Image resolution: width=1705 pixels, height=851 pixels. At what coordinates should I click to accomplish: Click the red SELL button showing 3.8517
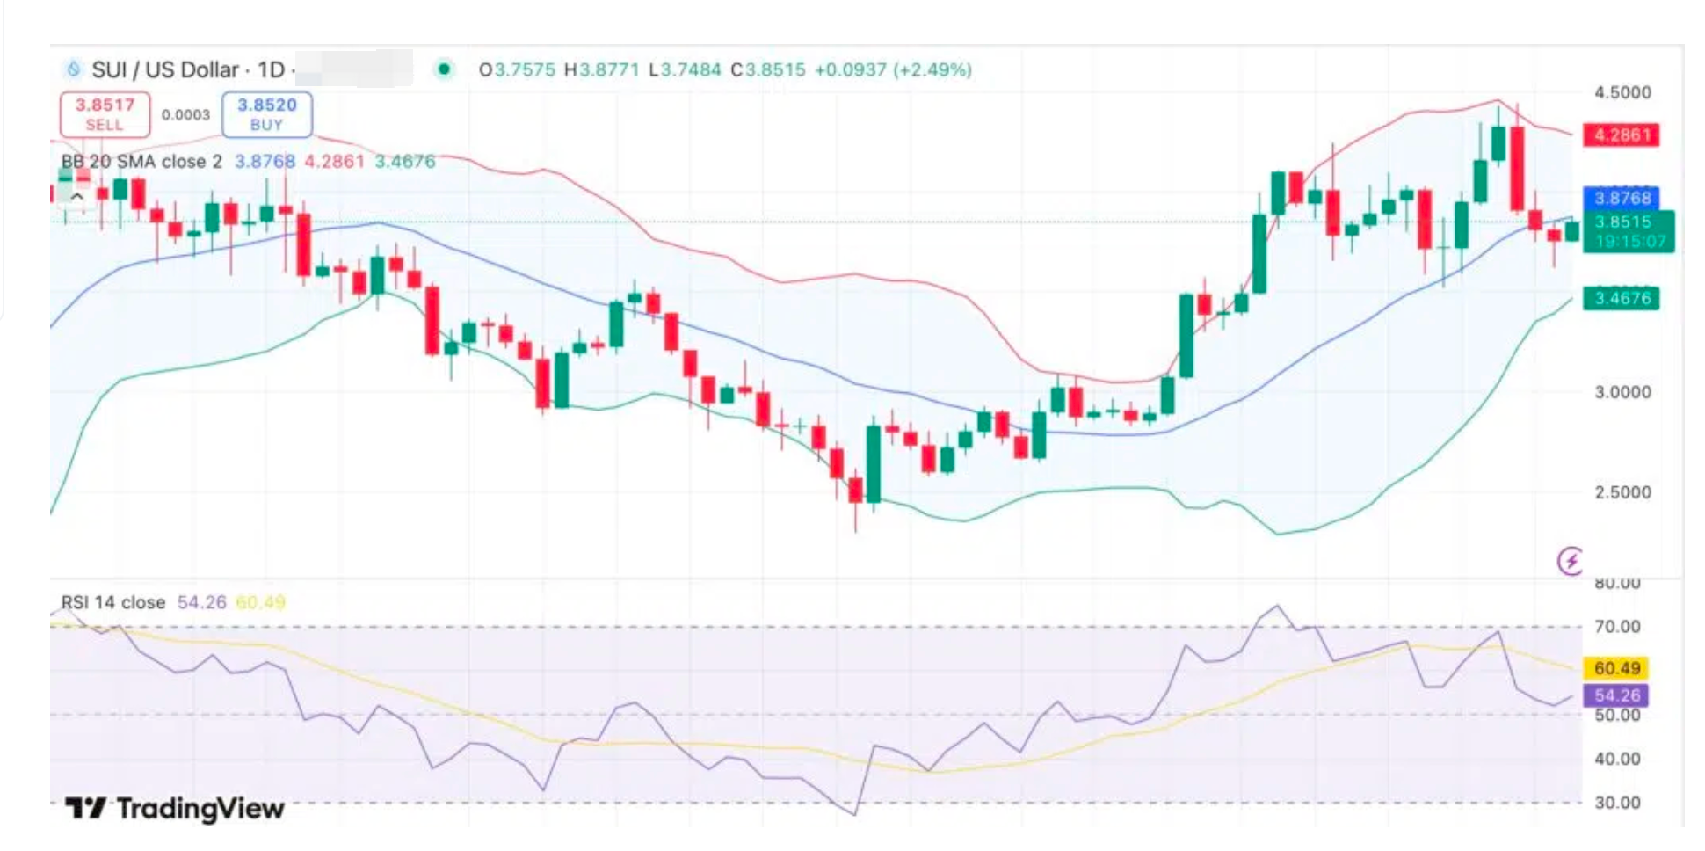[105, 114]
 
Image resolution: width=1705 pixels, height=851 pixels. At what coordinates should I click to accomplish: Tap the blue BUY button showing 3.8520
[266, 114]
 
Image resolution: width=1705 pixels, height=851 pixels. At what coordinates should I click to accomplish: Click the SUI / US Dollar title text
[165, 69]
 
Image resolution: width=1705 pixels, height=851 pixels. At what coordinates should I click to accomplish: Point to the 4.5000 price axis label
[1622, 92]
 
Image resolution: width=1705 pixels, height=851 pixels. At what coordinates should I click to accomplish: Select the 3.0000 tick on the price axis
[1622, 392]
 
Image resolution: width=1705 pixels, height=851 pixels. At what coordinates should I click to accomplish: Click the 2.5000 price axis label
[1622, 492]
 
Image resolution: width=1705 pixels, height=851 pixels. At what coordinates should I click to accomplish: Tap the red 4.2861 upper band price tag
[1622, 135]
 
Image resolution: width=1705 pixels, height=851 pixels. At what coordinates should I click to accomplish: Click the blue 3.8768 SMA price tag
[1622, 198]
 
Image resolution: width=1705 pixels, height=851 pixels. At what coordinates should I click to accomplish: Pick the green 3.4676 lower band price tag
[1622, 298]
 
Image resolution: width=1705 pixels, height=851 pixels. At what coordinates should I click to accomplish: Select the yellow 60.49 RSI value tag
[1616, 668]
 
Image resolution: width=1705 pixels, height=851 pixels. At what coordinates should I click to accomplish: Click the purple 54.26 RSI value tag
[1616, 695]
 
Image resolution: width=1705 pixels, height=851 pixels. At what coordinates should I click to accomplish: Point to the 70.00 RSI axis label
[1617, 627]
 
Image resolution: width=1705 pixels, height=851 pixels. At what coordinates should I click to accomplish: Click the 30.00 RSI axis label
[1617, 803]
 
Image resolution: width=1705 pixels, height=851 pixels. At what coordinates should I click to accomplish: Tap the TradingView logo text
[176, 808]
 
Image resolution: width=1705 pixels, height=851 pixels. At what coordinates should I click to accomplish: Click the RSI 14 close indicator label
[113, 602]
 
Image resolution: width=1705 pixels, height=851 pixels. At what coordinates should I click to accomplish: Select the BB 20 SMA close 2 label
[141, 162]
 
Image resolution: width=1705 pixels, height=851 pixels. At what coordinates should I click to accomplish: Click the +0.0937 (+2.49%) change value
[893, 69]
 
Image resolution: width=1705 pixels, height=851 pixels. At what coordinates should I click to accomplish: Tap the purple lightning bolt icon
[1571, 560]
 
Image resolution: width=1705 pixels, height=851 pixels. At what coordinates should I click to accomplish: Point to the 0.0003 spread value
[185, 115]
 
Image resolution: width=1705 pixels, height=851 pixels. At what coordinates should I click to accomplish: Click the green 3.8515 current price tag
[1629, 231]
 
